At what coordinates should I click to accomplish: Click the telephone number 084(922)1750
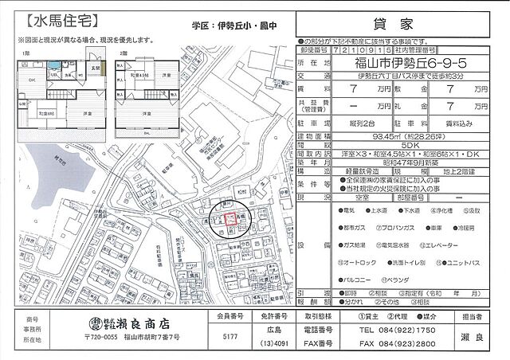(397, 330)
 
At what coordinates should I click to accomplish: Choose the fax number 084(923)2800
(397, 344)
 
